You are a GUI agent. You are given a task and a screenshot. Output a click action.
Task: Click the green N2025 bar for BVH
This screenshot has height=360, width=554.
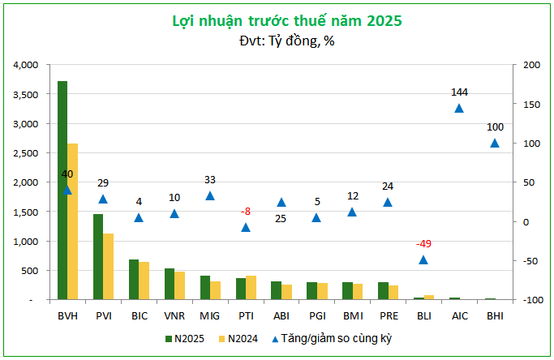point(62,191)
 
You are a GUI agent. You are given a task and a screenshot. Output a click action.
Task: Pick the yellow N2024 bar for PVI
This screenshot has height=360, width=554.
point(108,267)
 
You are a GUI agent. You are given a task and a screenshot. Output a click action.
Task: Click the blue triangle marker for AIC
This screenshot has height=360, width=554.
point(459,109)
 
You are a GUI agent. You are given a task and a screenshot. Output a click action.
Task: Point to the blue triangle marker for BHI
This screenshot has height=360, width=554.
point(495,144)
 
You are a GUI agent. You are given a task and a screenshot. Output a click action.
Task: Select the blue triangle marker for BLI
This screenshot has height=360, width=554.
point(423,259)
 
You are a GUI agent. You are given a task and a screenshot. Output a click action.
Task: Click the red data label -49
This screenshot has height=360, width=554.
point(423,244)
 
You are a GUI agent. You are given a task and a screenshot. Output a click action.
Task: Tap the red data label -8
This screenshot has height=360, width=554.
point(245,212)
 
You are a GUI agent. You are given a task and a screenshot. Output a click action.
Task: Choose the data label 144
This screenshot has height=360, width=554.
point(460,92)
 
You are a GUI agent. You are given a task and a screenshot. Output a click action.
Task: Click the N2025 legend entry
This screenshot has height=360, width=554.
point(186,338)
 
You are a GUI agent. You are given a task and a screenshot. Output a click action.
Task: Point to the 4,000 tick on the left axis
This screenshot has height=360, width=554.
point(27,65)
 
